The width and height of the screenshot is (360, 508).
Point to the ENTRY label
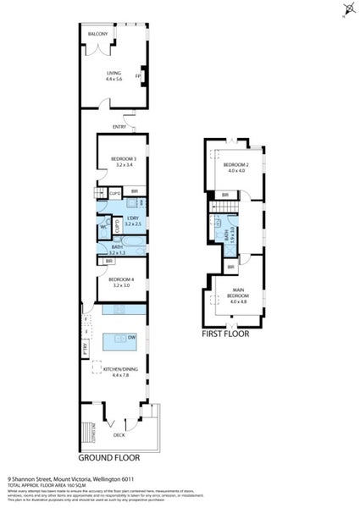tap(119, 128)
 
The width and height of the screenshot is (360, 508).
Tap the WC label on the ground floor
tap(102, 227)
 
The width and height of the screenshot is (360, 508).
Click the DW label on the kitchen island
tap(141, 336)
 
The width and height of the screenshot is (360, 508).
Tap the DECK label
tap(119, 435)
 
